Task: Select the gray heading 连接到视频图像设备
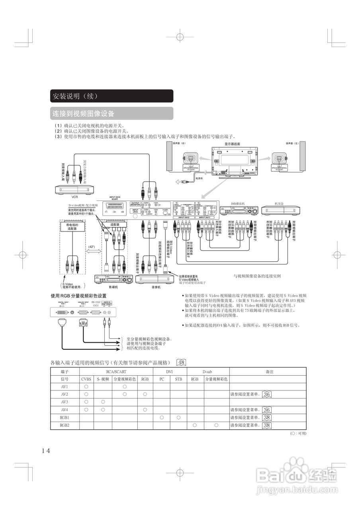[83, 114]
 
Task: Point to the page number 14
[45, 450]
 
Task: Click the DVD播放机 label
[238, 204]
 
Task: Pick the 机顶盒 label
[279, 204]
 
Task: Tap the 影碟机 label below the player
[113, 286]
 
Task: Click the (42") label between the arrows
[92, 247]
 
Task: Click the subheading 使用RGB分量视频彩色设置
[78, 296]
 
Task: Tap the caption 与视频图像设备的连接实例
[257, 276]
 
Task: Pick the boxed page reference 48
[181, 362]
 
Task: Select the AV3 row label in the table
[65, 402]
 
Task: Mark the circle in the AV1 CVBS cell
[86, 386]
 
